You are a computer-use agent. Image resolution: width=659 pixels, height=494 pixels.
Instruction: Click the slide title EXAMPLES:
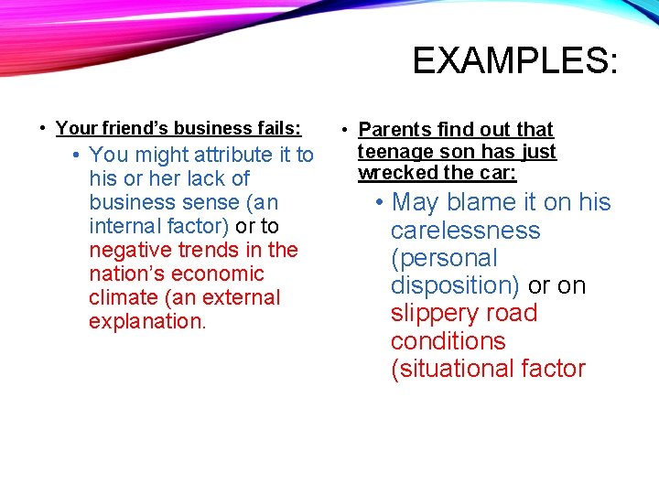coord(515,61)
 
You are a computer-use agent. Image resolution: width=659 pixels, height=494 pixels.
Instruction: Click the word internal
coord(124,226)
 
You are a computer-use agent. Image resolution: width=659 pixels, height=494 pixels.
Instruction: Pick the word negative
coord(127,250)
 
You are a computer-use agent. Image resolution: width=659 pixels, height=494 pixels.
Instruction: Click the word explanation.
coord(147,321)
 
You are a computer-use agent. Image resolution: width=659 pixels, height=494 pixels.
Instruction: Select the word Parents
coord(394,131)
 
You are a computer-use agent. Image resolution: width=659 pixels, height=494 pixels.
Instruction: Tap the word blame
coord(477,202)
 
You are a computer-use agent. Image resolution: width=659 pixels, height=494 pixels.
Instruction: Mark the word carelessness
coord(465,231)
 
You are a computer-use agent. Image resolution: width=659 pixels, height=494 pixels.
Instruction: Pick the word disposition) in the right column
coord(454,285)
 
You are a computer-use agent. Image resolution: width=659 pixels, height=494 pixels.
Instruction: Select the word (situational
coord(455,369)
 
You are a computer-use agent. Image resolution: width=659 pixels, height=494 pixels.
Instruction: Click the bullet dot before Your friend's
coord(44,129)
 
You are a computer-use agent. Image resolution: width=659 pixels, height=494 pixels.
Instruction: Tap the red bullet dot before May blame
coord(377,203)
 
